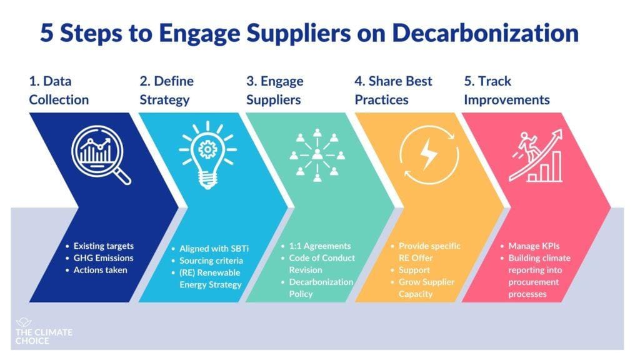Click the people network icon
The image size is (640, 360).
point(317,154)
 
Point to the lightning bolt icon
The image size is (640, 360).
point(428,154)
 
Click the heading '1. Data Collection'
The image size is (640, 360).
point(59,91)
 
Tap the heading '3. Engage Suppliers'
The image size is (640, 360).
point(274,91)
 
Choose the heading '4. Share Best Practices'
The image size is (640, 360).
point(393,91)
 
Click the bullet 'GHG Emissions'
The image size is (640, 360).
point(103,257)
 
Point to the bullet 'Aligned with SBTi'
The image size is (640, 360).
point(211,249)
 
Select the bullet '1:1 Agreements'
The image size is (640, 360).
point(319,246)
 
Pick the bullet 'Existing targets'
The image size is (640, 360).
point(103,246)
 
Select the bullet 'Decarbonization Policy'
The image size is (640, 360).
point(321,287)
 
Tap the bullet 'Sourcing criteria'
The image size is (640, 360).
point(209,261)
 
